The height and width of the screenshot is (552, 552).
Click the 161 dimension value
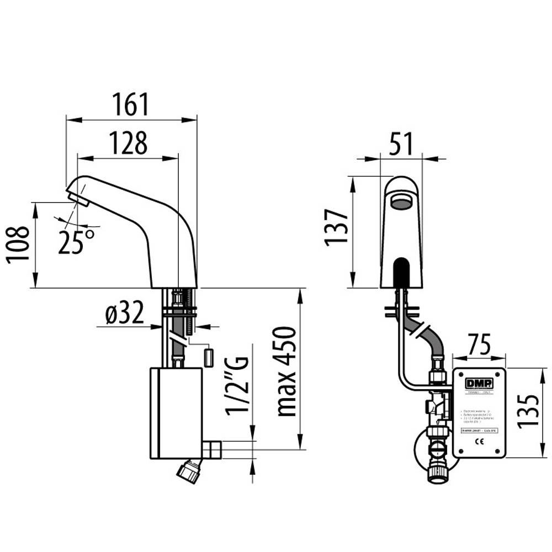[x=131, y=105]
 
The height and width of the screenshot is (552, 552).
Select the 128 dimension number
[x=128, y=144]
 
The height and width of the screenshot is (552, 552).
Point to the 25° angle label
[x=76, y=241]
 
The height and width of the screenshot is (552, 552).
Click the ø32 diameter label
[x=124, y=314]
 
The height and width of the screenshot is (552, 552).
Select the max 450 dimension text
[x=287, y=370]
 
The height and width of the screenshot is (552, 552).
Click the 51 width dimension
[x=402, y=145]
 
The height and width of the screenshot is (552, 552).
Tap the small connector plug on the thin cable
[x=209, y=357]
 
